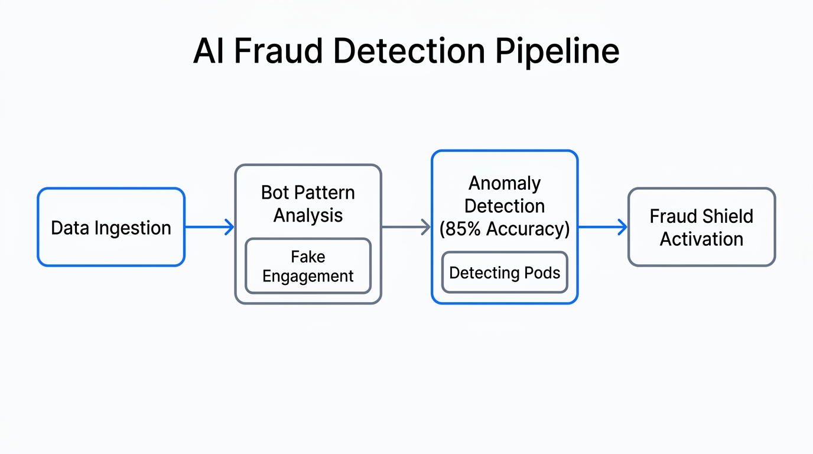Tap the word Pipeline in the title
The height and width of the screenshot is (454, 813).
click(x=557, y=51)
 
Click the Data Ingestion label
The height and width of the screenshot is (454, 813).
click(x=111, y=228)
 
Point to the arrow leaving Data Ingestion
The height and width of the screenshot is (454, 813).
click(x=210, y=227)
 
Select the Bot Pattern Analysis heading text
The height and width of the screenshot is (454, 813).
click(x=308, y=204)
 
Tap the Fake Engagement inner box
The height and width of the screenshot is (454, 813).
click(x=308, y=266)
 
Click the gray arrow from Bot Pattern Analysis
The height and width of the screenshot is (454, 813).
click(x=406, y=227)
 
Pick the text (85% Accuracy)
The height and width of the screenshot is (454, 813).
click(x=505, y=229)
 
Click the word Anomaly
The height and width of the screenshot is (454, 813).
click(x=505, y=183)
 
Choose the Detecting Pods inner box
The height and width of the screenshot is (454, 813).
click(x=505, y=273)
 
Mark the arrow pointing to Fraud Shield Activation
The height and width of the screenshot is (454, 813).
click(x=603, y=227)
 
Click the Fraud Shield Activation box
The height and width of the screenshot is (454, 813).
click(x=701, y=227)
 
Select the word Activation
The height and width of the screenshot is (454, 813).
click(x=701, y=239)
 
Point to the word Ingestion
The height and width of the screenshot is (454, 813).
click(x=138, y=228)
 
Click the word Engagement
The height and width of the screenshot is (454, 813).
click(x=308, y=276)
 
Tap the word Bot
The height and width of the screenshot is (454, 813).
click(x=275, y=193)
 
